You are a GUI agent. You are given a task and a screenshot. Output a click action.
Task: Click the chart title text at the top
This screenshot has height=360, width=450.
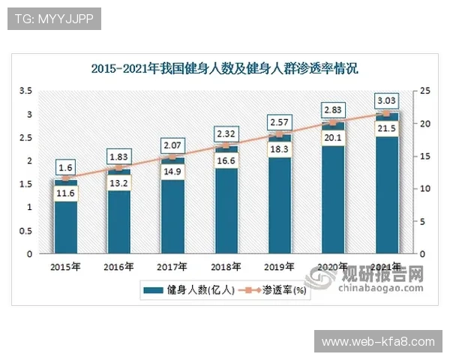click(225, 69)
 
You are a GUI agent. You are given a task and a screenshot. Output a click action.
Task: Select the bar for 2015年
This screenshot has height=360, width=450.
click(65, 225)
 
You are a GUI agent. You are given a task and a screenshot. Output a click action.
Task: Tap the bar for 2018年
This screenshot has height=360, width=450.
click(226, 217)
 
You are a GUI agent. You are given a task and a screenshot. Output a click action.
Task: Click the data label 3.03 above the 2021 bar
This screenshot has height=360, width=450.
click(387, 100)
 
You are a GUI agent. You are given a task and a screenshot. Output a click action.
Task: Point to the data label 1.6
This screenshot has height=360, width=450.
click(65, 167)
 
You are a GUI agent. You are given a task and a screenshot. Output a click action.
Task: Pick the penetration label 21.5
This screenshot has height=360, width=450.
click(387, 129)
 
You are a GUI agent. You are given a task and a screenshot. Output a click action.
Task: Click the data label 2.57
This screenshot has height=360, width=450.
click(280, 122)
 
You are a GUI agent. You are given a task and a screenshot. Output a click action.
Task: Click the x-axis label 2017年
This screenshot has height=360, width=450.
click(172, 266)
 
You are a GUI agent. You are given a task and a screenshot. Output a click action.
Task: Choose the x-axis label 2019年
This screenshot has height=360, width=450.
click(280, 266)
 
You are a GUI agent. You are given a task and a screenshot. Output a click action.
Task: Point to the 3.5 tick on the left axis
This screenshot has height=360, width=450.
click(25, 91)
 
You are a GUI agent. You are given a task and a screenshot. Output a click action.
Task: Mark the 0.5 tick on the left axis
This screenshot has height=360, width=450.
click(25, 231)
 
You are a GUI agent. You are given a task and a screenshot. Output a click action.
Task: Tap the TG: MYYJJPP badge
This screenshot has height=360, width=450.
click(53, 18)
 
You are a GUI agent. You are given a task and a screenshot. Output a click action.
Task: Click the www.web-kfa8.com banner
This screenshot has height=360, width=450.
click(378, 341)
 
